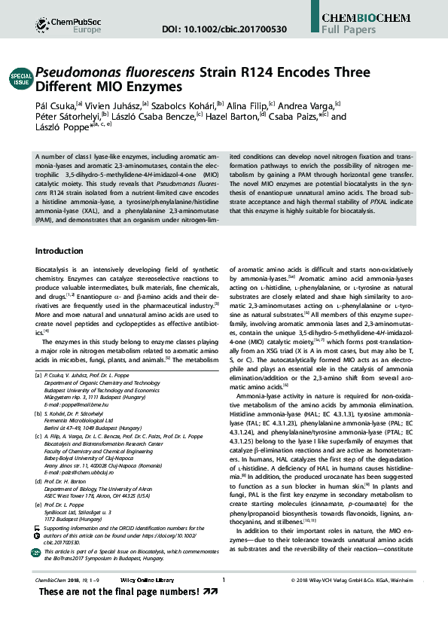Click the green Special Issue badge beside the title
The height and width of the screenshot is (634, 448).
point(20,79)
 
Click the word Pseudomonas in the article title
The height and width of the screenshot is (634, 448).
point(82,72)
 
